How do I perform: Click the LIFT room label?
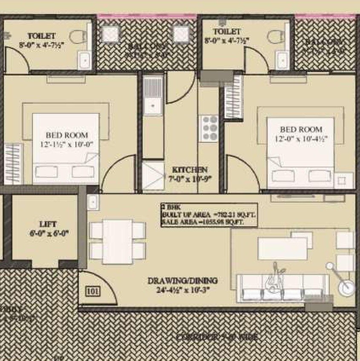[47, 224]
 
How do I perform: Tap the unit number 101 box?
[92, 292]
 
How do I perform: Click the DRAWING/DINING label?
[182, 281]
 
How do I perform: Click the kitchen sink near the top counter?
[153, 95]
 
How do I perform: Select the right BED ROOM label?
[301, 129]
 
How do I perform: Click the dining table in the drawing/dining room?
[118, 242]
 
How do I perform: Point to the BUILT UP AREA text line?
[209, 215]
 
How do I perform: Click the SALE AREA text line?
[209, 222]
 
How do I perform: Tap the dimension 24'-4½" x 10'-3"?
[182, 290]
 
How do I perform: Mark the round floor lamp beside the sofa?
[346, 287]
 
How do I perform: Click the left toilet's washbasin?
[84, 59]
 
